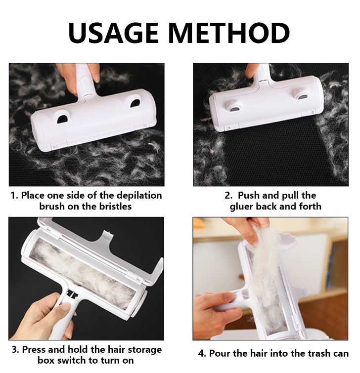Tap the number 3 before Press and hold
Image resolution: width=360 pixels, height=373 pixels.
pos(13,350)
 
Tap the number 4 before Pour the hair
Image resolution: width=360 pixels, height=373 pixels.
pos(201,353)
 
